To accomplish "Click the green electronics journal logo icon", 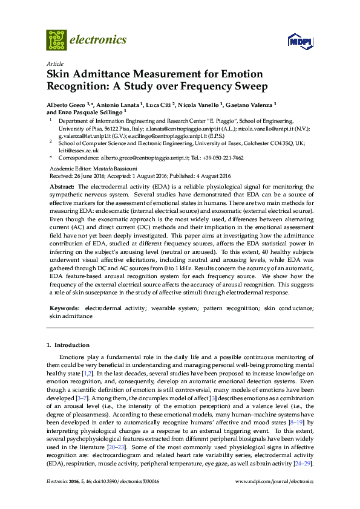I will (x=56, y=40).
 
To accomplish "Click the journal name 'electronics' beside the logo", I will (x=99, y=40).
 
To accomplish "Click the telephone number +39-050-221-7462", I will (x=221, y=158).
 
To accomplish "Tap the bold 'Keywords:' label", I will (x=65, y=308).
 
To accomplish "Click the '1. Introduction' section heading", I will (x=68, y=345).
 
